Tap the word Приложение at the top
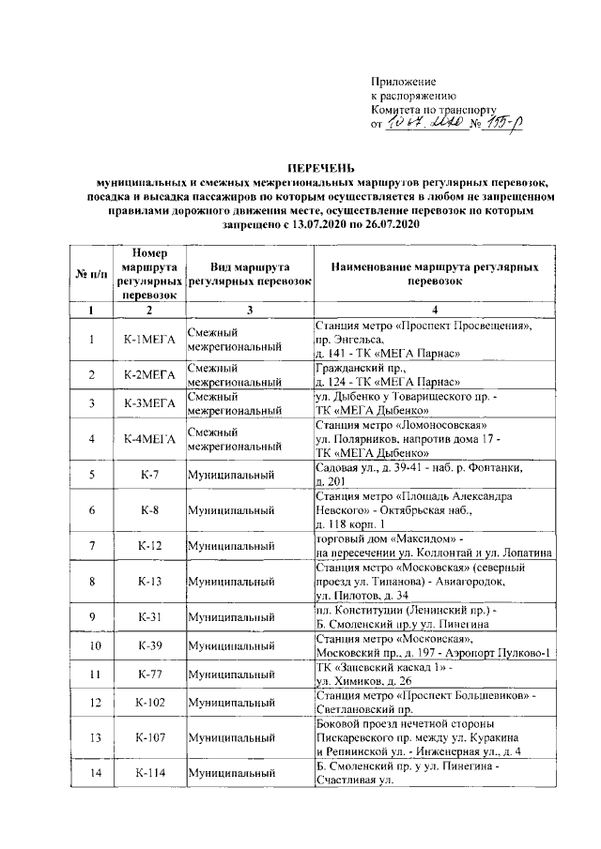404,83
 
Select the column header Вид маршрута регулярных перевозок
248,274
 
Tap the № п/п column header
90,274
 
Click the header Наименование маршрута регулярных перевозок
435,274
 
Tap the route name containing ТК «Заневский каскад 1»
435,674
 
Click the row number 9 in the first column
90,617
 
